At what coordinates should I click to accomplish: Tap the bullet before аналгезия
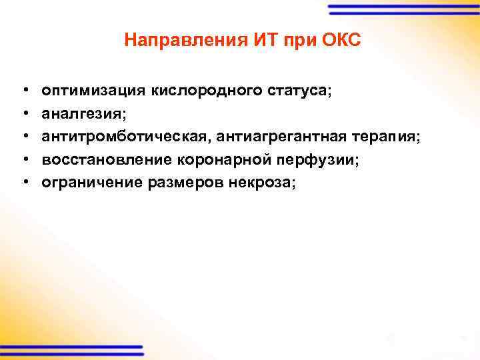pos(24,113)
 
